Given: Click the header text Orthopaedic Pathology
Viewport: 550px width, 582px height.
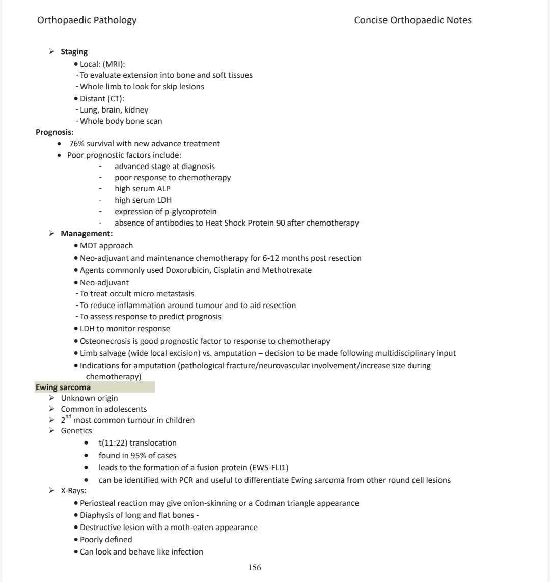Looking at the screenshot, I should [87, 21].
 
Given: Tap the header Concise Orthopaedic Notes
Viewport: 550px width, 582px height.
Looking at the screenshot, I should [413, 21].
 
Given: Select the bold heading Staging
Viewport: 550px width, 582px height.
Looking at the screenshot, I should [74, 52].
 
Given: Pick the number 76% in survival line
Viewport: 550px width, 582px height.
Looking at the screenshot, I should [77, 144].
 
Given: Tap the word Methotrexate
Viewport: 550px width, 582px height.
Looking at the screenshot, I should [287, 270].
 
